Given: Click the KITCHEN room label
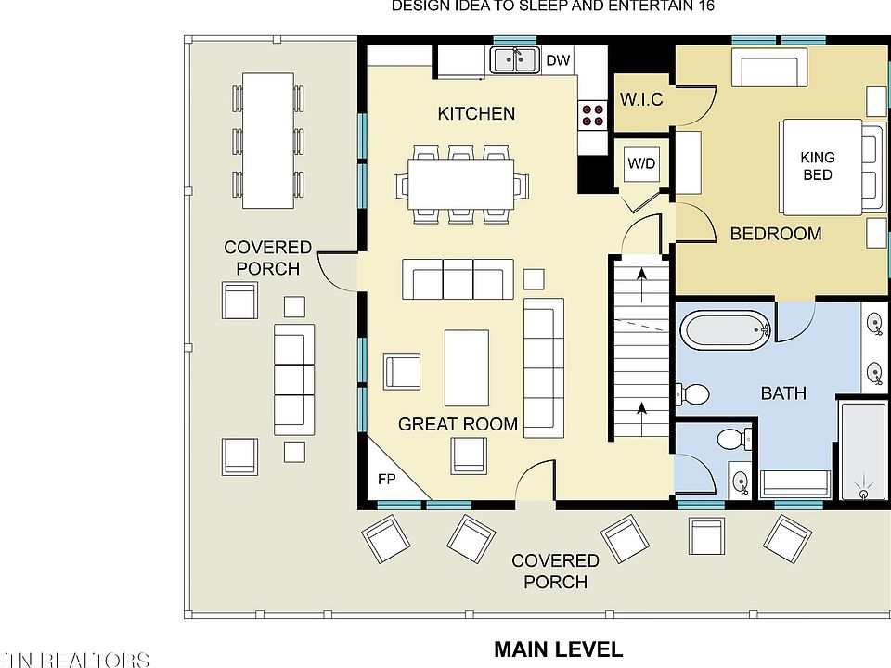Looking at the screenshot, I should click(476, 113).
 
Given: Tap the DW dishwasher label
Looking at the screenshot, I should click(557, 61).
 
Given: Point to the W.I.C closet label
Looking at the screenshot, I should click(641, 98).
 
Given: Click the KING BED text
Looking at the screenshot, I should click(817, 166).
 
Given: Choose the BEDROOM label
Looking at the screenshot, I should click(776, 234).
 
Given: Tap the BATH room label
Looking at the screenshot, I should click(783, 393).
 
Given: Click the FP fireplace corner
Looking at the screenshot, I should click(386, 481).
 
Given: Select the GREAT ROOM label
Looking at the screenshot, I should click(458, 425).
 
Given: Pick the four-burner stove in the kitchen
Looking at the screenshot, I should click(593, 114).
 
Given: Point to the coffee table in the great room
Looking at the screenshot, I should click(466, 367).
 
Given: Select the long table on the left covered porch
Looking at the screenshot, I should click(268, 139).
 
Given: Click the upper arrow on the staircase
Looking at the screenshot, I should click(639, 279).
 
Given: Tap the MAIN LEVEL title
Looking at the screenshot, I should click(558, 649).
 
